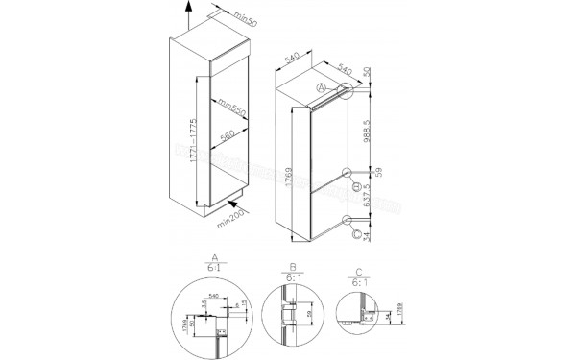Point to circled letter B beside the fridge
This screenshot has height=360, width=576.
(x=356, y=186)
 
